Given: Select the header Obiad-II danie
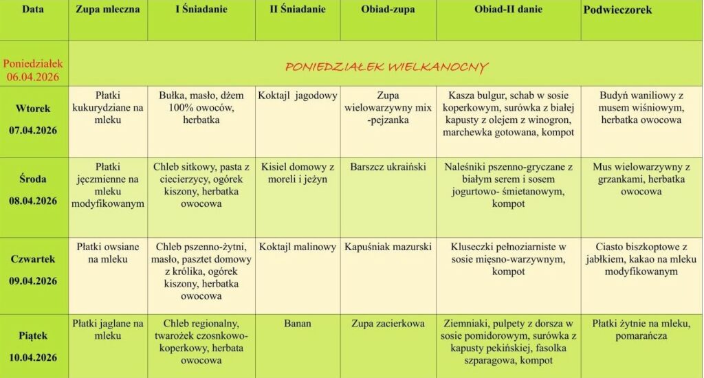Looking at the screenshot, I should (508, 10).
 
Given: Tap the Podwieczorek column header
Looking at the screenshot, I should (617, 10).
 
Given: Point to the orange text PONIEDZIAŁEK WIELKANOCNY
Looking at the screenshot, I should (386, 67).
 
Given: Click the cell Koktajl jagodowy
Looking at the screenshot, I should (298, 96).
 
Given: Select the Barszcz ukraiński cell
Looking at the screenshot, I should (388, 167).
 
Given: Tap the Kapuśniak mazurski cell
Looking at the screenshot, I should (388, 247).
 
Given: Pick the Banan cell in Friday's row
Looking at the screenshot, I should (298, 324).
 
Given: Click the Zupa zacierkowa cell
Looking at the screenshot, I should (388, 324).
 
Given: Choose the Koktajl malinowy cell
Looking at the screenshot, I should (298, 247).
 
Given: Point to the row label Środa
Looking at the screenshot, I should (33, 179).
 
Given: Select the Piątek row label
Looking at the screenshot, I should (33, 335).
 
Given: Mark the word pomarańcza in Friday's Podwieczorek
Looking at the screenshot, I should (641, 336).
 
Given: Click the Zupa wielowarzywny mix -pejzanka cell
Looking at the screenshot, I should (388, 108).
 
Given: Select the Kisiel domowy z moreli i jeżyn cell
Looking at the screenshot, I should (298, 173).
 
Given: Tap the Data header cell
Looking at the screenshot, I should (33, 10).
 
